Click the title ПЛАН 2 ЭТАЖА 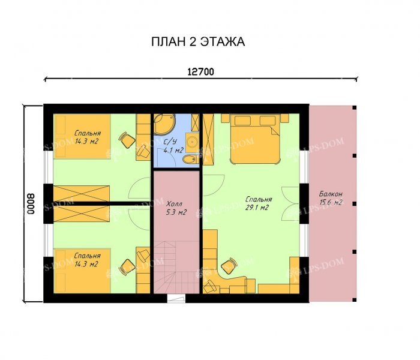pyautogui.click(x=198, y=42)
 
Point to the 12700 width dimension pyautogui.click(x=200, y=72)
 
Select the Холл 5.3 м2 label pyautogui.click(x=176, y=208)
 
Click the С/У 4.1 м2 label pyautogui.click(x=173, y=146)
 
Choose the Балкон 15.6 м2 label pyautogui.click(x=331, y=197)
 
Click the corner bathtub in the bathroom pyautogui.click(x=164, y=124)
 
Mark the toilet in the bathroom pyautogui.click(x=190, y=160)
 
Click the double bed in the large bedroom pyautogui.click(x=254, y=139)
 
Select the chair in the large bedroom pyautogui.click(x=230, y=266)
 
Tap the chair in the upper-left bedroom pyautogui.click(x=127, y=140)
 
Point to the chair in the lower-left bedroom pyautogui.click(x=127, y=267)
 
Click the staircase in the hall pyautogui.click(x=176, y=267)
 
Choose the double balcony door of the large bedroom pyautogui.click(x=290, y=204)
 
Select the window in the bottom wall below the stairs pyautogui.click(x=176, y=298)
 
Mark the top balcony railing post pyautogui.click(x=355, y=107)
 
